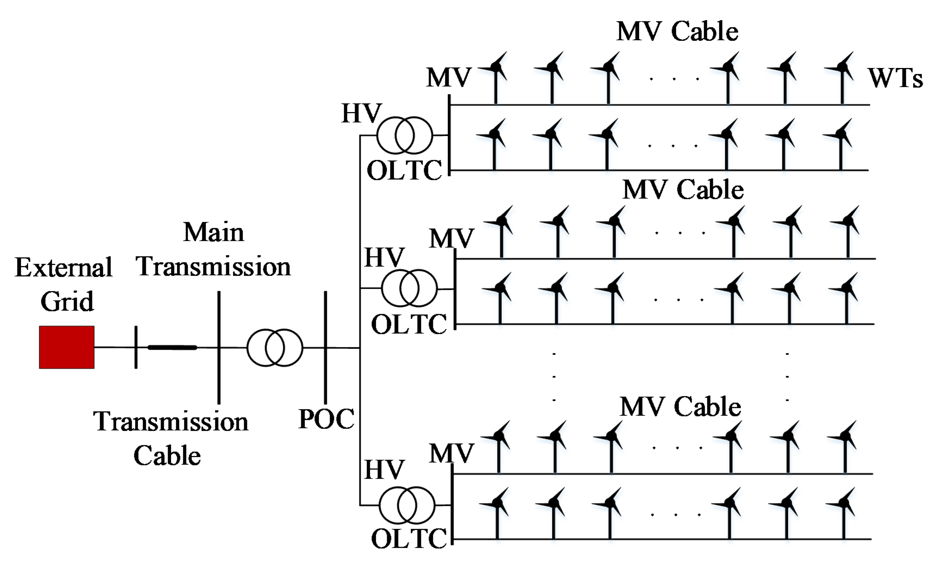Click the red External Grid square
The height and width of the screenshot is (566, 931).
click(67, 347)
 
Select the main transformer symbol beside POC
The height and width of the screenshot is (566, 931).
click(275, 348)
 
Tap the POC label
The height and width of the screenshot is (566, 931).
click(326, 419)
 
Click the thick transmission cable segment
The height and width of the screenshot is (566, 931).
click(172, 347)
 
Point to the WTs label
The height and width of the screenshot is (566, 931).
click(895, 78)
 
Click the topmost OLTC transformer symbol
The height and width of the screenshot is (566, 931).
click(404, 135)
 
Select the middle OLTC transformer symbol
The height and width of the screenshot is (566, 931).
click(409, 288)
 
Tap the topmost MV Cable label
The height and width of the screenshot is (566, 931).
click(677, 31)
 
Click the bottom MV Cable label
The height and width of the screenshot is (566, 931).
click(680, 407)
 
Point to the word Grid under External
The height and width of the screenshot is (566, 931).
click(67, 301)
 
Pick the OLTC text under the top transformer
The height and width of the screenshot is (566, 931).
click(404, 171)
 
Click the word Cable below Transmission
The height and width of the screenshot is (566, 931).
click(167, 455)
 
